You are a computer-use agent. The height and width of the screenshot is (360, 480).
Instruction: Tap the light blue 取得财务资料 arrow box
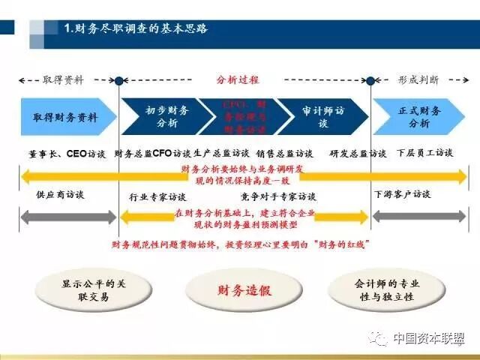tap(66, 118)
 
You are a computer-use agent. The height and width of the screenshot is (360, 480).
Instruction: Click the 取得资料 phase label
tap(63, 79)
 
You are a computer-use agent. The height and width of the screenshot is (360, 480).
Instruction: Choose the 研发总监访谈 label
tap(358, 154)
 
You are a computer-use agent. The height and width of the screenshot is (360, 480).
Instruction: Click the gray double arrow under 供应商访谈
tap(68, 217)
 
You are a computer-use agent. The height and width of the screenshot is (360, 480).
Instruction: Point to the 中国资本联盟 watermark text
tap(427, 338)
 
